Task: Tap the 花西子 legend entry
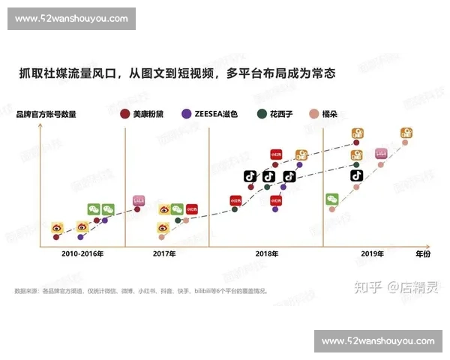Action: click(277, 114)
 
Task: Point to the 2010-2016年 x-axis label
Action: click(82, 254)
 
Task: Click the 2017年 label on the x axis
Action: click(164, 254)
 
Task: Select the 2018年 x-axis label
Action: click(266, 254)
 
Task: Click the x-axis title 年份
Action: click(424, 254)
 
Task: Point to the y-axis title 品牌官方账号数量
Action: click(46, 114)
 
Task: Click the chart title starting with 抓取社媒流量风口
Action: click(176, 73)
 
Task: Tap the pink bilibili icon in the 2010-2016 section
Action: click(138, 201)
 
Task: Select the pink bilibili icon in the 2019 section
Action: click(382, 154)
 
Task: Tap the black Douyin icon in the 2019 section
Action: click(356, 175)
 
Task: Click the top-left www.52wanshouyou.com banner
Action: click(71, 19)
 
